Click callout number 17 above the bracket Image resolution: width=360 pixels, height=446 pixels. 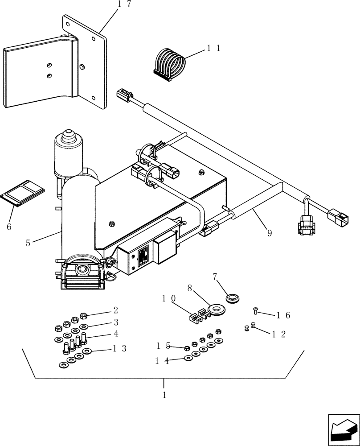pyautogui.click(x=111, y=5)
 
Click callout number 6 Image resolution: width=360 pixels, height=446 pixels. pyautogui.click(x=8, y=226)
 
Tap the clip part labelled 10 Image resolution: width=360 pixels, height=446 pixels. pyautogui.click(x=198, y=317)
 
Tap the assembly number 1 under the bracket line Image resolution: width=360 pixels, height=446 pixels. pyautogui.click(x=164, y=395)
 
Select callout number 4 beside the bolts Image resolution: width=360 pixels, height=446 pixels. pyautogui.click(x=115, y=334)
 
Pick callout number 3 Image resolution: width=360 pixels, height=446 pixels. pyautogui.click(x=115, y=322)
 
